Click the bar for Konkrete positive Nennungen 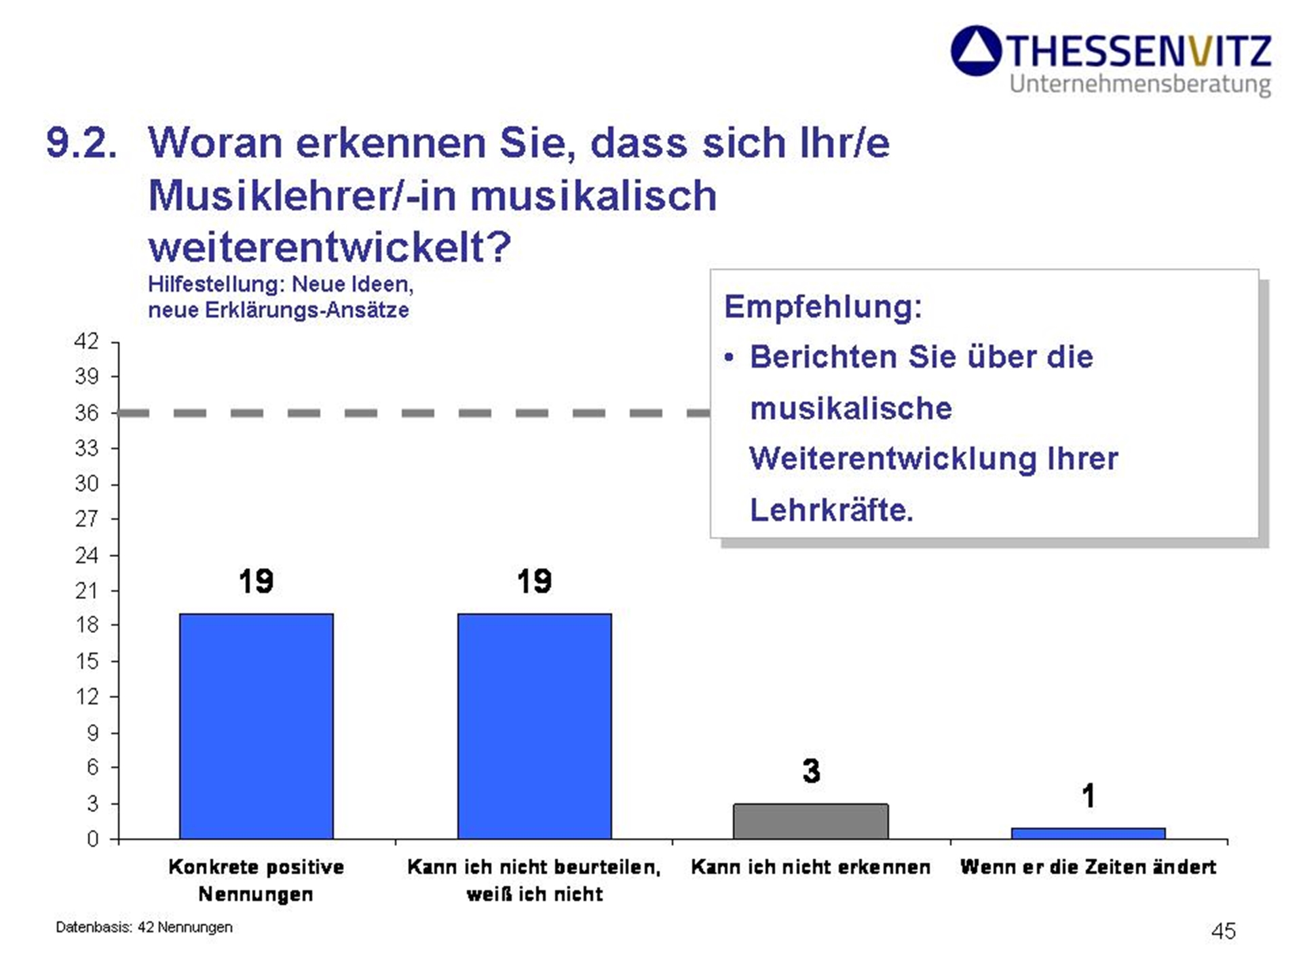coord(257,726)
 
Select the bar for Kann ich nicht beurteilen coord(534,726)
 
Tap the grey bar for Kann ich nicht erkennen coord(811,822)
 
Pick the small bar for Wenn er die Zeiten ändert coord(1088,833)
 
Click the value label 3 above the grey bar coord(811,771)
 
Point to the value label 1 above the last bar coord(1089,796)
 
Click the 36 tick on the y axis coord(87,413)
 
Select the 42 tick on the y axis coord(87,341)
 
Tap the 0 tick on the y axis coord(92,839)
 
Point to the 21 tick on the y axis coord(87,591)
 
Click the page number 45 coord(1223,931)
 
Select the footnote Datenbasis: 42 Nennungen coord(144,927)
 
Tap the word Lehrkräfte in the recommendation coord(831,510)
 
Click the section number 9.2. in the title coord(81,143)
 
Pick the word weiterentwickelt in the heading coord(329,247)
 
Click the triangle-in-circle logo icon coord(976,51)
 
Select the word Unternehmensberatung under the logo coord(1140,84)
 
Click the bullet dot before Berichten coord(729,358)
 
